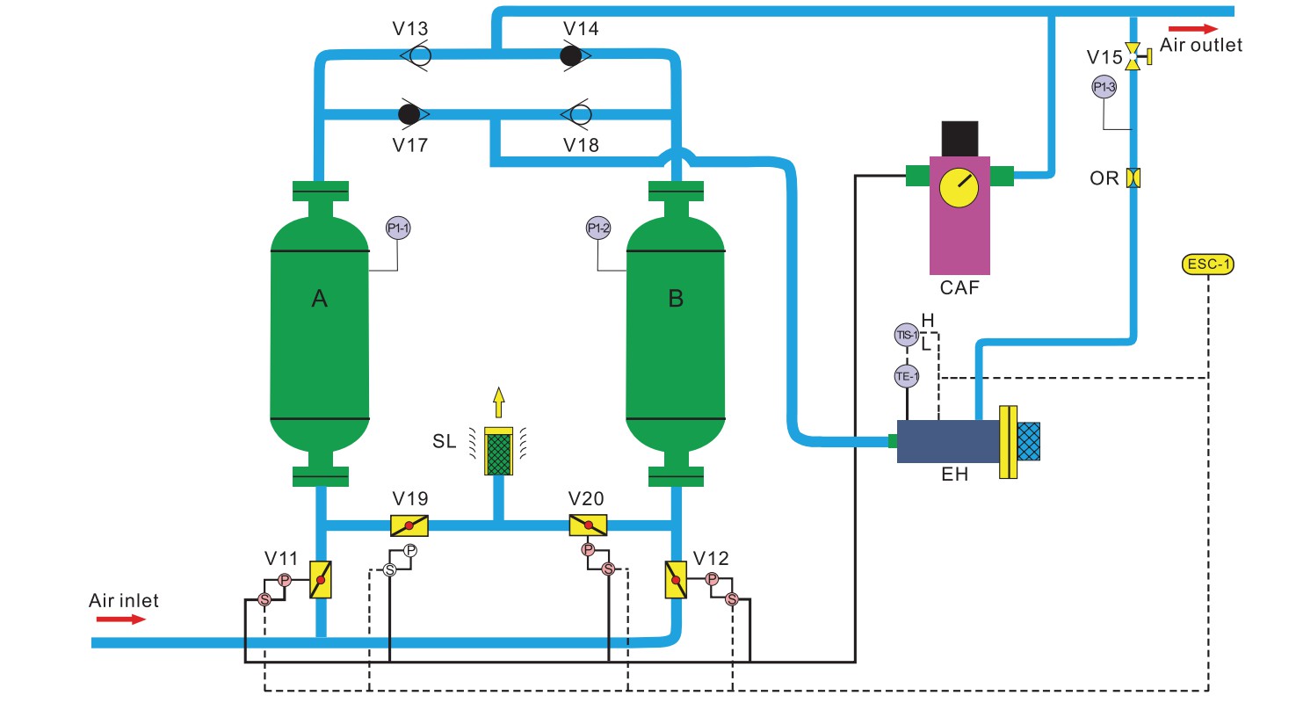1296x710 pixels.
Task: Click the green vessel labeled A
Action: click(319, 334)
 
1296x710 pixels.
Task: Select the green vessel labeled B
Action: click(675, 334)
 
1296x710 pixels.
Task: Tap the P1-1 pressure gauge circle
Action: click(398, 228)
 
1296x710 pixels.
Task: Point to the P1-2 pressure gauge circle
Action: click(598, 228)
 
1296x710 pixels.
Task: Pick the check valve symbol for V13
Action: click(418, 55)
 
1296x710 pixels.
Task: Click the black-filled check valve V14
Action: click(572, 55)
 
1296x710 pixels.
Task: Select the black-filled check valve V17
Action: click(409, 113)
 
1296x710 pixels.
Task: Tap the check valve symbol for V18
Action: click(578, 113)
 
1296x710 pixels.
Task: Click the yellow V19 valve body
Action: click(410, 525)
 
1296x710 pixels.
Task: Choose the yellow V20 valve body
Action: click(589, 525)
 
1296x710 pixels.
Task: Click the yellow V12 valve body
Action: click(676, 581)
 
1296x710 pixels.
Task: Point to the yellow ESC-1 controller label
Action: click(1209, 263)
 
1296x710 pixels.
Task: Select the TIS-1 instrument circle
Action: click(906, 335)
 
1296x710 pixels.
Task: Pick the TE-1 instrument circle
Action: click(906, 375)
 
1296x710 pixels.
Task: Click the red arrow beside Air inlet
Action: click(120, 619)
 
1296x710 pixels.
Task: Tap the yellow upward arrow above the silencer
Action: click(499, 402)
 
